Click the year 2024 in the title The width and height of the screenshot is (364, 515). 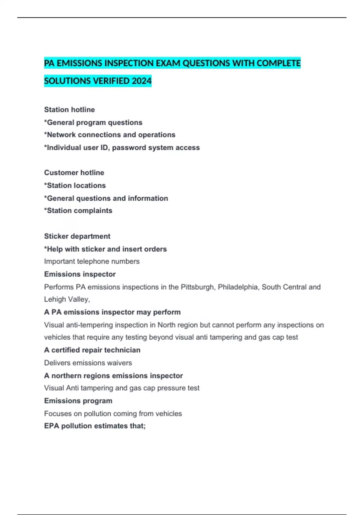click(141, 81)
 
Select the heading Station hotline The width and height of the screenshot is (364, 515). click(69, 110)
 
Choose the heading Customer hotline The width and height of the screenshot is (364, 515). click(74, 173)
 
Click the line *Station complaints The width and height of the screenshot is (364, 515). click(78, 211)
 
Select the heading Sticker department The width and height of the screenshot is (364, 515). click(77, 236)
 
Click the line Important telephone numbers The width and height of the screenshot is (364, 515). click(92, 261)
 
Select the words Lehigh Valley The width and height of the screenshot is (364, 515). click(67, 299)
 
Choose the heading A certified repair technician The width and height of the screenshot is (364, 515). click(92, 350)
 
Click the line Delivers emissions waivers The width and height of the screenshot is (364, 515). click(88, 363)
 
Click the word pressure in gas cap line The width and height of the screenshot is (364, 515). click(167, 388)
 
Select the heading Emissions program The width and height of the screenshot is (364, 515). click(78, 401)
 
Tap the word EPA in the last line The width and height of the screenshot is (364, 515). click(52, 426)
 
